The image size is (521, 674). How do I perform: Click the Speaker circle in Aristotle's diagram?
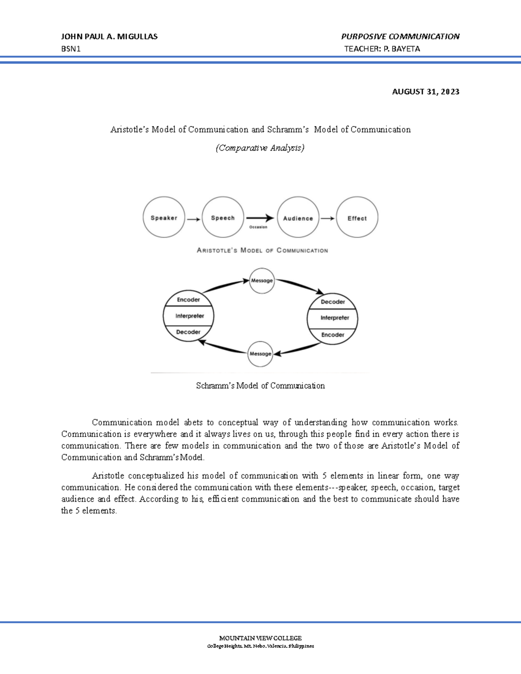pos(164,217)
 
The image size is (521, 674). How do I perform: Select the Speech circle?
pos(223,217)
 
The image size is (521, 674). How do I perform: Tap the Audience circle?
pos(298,218)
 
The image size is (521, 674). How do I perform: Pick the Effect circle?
pos(357,218)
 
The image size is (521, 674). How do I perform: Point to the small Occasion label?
pos(258,227)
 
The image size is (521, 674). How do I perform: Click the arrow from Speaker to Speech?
pos(193,219)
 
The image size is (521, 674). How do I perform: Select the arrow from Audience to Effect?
pos(327,218)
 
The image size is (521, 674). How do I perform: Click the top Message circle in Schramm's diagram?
pos(262,280)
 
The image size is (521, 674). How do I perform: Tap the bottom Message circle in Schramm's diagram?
pos(260,354)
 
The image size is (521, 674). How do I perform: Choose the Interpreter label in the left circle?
pos(189,316)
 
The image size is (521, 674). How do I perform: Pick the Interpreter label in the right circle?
pos(334,318)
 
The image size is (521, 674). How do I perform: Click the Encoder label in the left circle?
pos(188,299)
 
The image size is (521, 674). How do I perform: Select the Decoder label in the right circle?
pos(333,302)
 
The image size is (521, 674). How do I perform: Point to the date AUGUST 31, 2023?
pos(425,92)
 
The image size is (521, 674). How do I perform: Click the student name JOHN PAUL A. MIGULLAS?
pos(109,36)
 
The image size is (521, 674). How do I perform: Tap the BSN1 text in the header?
pos(71,49)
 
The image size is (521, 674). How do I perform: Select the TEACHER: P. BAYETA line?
pos(382,49)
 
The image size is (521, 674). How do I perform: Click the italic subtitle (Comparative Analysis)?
pos(260,148)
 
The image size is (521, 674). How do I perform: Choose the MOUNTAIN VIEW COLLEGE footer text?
pos(260,638)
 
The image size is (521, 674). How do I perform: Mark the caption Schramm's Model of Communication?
pos(260,385)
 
